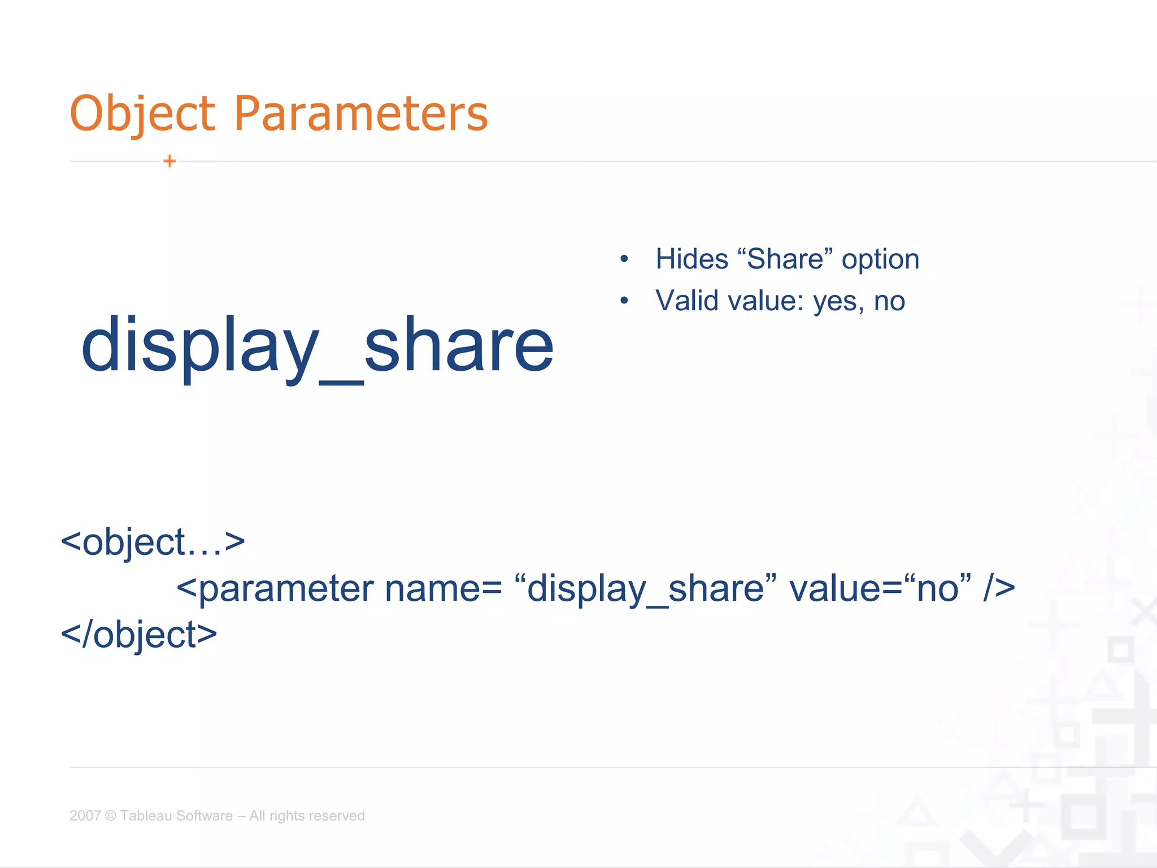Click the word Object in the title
click(142, 114)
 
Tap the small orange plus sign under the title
click(169, 162)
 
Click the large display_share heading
click(317, 345)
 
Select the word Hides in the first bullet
click(691, 259)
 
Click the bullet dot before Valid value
click(624, 301)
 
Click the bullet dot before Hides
click(624, 259)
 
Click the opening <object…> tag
click(153, 542)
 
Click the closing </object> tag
click(139, 635)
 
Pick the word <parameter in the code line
click(275, 589)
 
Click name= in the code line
click(443, 589)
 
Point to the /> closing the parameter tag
click(999, 589)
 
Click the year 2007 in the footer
click(85, 815)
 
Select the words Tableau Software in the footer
click(176, 815)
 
